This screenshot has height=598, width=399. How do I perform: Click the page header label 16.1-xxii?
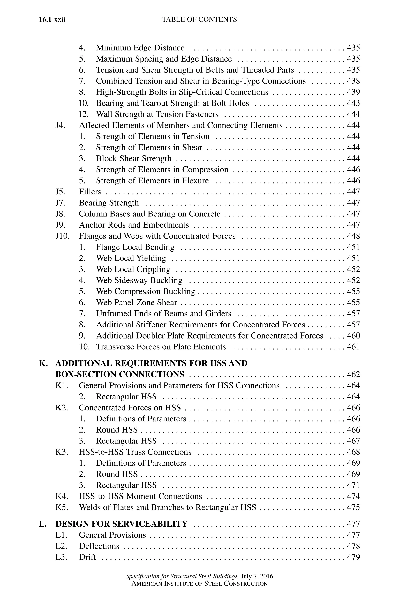tap(52, 20)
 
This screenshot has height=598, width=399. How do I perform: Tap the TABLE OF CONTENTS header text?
tap(199, 20)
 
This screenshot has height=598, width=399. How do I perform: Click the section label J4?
tap(60, 125)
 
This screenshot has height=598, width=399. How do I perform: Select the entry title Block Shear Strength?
tap(134, 159)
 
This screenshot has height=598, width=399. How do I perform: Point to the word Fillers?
tap(90, 192)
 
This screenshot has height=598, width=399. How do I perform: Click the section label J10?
tap(62, 236)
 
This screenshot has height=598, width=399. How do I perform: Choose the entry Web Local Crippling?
tap(133, 269)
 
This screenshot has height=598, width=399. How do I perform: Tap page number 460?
tap(353, 336)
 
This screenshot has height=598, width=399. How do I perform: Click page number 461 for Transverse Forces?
tap(353, 347)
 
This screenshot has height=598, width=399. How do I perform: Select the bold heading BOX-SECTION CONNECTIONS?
tap(120, 375)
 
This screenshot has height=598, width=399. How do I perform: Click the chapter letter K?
tap(43, 363)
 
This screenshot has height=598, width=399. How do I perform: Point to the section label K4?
tap(62, 496)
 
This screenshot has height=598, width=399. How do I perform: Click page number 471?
tap(353, 485)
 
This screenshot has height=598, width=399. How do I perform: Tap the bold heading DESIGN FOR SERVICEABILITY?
tap(121, 524)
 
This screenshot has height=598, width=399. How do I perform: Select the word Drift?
tap(87, 557)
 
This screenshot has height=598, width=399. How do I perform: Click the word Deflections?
tap(99, 546)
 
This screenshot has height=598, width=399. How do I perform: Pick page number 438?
tap(353, 81)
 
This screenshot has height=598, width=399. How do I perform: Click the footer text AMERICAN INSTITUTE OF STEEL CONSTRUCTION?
tap(199, 584)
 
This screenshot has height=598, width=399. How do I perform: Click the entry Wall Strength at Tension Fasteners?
tap(157, 114)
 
